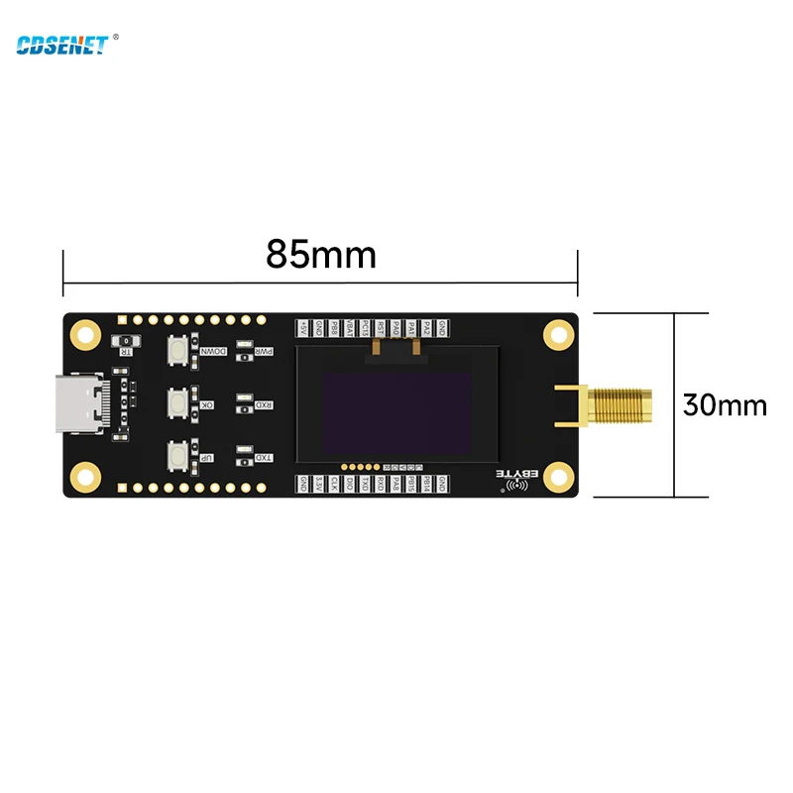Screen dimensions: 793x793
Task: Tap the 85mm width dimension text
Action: tap(320, 255)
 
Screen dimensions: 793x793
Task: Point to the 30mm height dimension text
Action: tap(725, 404)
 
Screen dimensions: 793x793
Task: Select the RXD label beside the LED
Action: tap(264, 404)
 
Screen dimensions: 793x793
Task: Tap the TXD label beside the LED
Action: tap(264, 457)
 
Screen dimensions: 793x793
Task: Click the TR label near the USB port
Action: tap(126, 348)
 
